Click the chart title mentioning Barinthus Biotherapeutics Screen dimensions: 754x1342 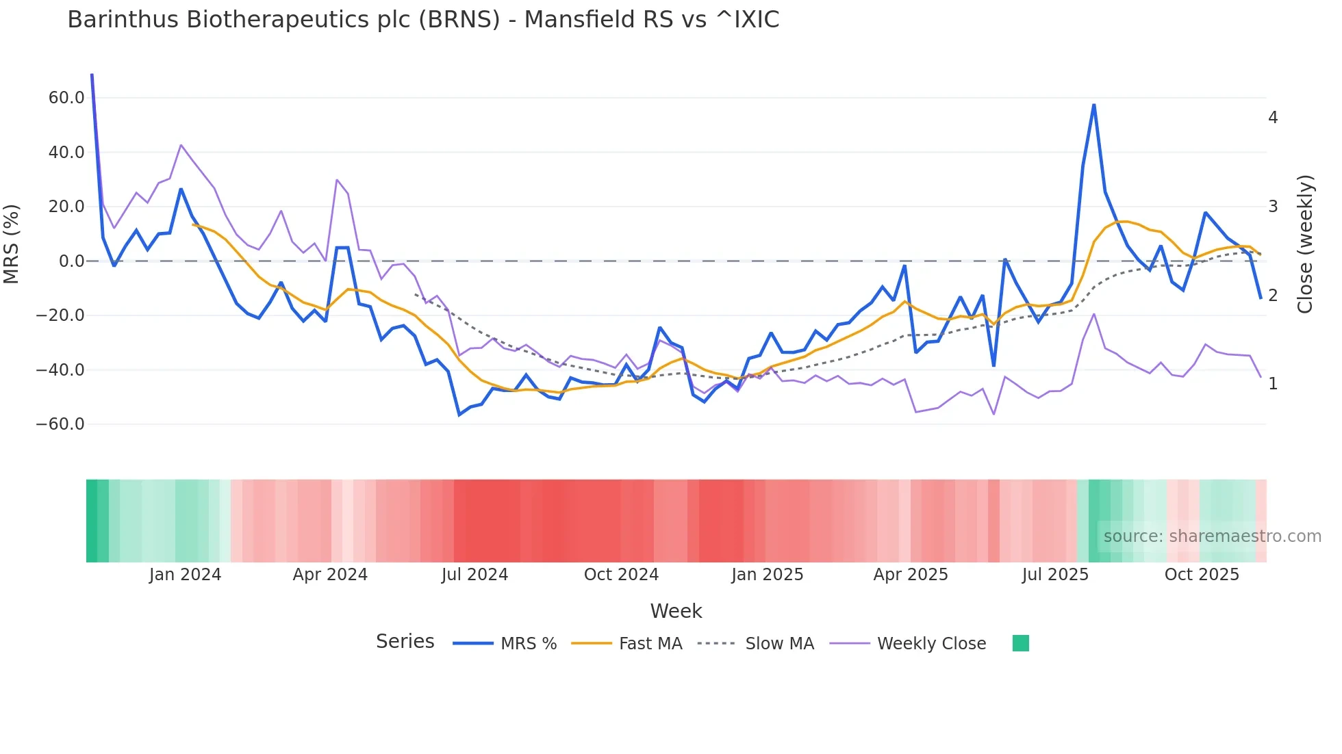(x=423, y=20)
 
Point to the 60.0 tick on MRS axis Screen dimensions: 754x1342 (x=66, y=98)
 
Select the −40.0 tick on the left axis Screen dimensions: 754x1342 (x=60, y=370)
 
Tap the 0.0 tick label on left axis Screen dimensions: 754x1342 (x=72, y=261)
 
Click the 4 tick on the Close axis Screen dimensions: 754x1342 (x=1273, y=118)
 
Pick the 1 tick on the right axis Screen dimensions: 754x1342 (x=1273, y=384)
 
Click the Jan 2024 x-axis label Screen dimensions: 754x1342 (x=185, y=575)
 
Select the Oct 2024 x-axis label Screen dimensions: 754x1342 (x=621, y=575)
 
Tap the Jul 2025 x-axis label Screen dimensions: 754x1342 (x=1055, y=575)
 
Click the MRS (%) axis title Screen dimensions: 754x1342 (x=12, y=244)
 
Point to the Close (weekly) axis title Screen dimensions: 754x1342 (x=1305, y=244)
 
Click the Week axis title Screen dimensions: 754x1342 (x=676, y=611)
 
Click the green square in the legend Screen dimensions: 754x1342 (x=1021, y=643)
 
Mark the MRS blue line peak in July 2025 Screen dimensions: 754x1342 (x=1094, y=105)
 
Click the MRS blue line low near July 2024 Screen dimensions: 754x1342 (x=459, y=415)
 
